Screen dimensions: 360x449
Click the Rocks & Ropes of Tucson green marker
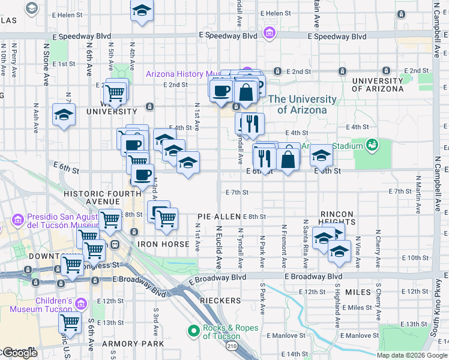point(194,331)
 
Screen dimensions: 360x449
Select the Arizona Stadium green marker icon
point(372,145)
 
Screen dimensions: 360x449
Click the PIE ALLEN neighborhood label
point(218,217)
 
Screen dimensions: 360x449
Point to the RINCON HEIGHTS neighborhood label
point(338,218)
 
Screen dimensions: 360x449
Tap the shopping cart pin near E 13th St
point(70,323)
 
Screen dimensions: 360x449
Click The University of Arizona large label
point(302,104)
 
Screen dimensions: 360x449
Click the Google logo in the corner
point(19,353)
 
